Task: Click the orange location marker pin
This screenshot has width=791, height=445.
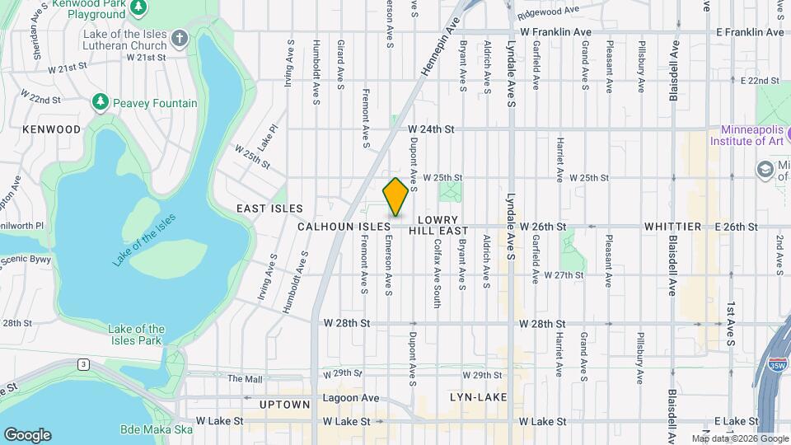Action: coord(395,197)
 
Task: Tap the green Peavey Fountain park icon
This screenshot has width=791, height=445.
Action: coord(101,103)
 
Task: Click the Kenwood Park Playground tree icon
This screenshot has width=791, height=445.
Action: coord(139,7)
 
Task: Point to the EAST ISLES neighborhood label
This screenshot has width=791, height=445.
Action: coord(269,208)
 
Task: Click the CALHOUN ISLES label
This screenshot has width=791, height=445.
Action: coord(344,226)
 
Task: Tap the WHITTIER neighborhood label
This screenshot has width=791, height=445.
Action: coord(672,226)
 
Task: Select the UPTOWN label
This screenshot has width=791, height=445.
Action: coord(284,405)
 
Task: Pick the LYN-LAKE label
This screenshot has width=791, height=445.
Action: coord(476,397)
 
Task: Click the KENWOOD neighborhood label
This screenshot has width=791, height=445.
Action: coord(51,129)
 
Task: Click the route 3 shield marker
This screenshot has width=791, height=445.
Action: coord(83,363)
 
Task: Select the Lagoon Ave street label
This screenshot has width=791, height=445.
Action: coord(351,398)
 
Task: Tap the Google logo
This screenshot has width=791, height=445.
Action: coord(27,435)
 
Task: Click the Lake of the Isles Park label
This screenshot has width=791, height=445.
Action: coord(136,335)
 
